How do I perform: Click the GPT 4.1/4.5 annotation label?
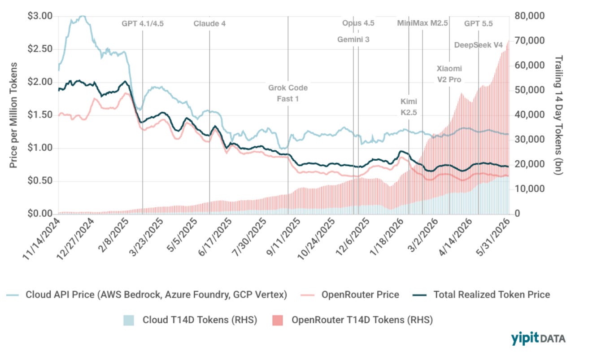pyautogui.click(x=143, y=24)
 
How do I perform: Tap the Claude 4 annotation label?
pyautogui.click(x=209, y=24)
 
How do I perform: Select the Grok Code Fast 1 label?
pyautogui.click(x=288, y=93)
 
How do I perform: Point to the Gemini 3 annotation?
pyautogui.click(x=353, y=40)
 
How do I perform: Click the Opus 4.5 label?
pyautogui.click(x=358, y=23)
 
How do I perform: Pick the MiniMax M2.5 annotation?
pyautogui.click(x=422, y=23)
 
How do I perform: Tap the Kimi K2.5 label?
pyautogui.click(x=409, y=107)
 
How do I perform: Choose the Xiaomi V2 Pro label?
pyautogui.click(x=449, y=74)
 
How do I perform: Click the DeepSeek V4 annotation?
pyautogui.click(x=479, y=45)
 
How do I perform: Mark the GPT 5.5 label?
pyautogui.click(x=479, y=24)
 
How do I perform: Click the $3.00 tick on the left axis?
pyautogui.click(x=40, y=16)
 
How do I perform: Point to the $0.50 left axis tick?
pyautogui.click(x=40, y=180)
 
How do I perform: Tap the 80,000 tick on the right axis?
pyautogui.click(x=530, y=16)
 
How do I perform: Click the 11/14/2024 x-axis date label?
pyautogui.click(x=41, y=239)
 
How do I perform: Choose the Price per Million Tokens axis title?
pyautogui.click(x=13, y=115)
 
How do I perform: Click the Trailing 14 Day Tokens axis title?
pyautogui.click(x=558, y=115)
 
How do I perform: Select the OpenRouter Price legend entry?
pyautogui.click(x=350, y=295)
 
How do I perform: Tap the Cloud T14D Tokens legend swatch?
pyautogui.click(x=129, y=320)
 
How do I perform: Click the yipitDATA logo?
pyautogui.click(x=538, y=338)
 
